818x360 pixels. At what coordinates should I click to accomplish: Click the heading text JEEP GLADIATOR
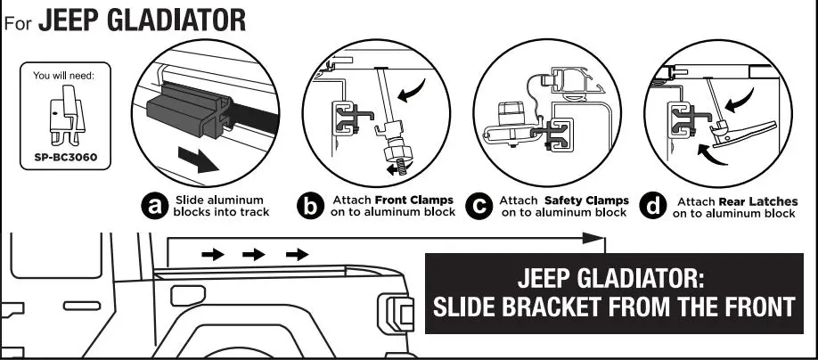point(143,20)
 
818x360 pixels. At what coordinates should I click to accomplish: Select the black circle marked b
point(309,207)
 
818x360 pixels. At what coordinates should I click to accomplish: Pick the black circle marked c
point(481,207)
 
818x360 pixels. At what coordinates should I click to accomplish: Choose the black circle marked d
point(655,207)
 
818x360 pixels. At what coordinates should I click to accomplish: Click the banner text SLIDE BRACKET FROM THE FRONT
point(612,308)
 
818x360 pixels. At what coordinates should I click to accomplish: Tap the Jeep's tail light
point(398,312)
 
